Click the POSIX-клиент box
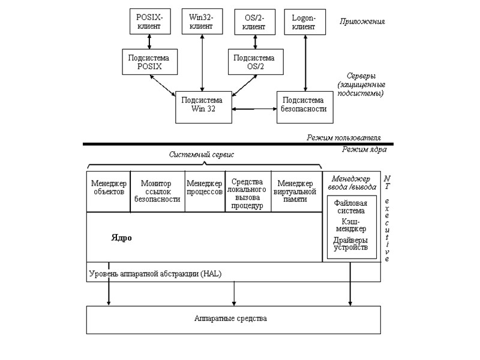(x=149, y=22)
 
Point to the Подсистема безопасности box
(x=304, y=106)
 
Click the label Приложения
(x=362, y=22)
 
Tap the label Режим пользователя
(x=344, y=137)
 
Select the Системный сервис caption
(x=201, y=155)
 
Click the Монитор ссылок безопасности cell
(x=157, y=191)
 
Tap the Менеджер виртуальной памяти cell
(x=295, y=191)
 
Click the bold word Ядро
(x=121, y=238)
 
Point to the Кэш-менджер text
(x=350, y=226)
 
